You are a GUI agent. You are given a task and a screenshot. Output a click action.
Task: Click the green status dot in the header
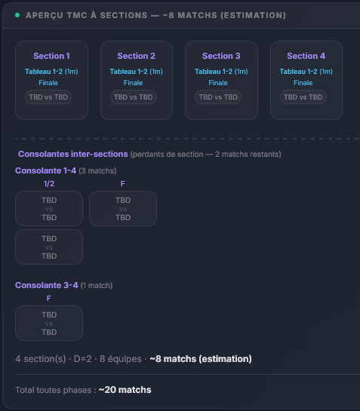(17, 15)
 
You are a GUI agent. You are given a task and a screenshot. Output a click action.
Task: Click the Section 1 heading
(51, 56)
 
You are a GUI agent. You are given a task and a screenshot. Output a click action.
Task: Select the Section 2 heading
(136, 56)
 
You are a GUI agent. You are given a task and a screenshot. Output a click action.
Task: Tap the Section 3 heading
(221, 56)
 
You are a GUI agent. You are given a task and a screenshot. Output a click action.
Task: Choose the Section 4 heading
(306, 56)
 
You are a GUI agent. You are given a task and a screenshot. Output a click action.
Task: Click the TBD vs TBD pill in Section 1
(48, 97)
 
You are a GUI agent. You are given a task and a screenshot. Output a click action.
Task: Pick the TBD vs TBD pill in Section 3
(218, 97)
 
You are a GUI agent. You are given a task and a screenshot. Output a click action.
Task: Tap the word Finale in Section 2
(133, 83)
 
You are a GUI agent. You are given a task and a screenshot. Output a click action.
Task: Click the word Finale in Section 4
(303, 83)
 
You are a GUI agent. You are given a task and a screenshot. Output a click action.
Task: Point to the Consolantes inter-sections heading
(73, 154)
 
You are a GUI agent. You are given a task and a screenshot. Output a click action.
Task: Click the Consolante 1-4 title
(45, 170)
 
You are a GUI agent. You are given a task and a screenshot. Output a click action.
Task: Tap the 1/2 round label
(49, 184)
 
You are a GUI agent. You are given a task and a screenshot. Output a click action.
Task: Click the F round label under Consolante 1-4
(123, 184)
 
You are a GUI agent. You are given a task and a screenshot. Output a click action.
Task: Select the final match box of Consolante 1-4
(123, 209)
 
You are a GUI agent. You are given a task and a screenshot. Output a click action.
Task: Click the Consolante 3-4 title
(47, 285)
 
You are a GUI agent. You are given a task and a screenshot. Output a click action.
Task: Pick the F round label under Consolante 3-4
(49, 299)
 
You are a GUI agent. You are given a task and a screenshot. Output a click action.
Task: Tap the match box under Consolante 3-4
(49, 324)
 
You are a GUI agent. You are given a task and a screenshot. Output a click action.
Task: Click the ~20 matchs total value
(125, 390)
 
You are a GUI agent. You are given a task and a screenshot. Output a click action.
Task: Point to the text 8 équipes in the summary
(121, 359)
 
